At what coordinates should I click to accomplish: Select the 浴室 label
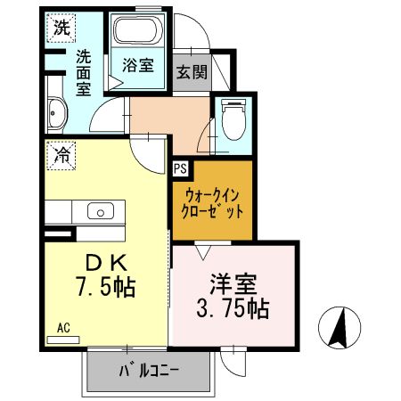coord(138,65)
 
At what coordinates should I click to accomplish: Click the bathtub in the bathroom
coord(138,34)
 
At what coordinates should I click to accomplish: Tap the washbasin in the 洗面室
coord(57,116)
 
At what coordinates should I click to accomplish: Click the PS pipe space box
coord(180,167)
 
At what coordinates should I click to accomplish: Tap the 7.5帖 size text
coord(105,289)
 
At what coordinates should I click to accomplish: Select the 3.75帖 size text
coord(233,309)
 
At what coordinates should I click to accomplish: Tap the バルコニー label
coord(148,370)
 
